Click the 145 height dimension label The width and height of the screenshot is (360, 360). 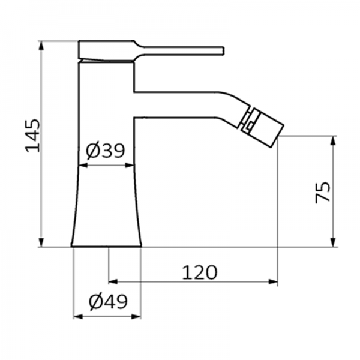32,135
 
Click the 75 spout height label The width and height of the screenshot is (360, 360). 322,191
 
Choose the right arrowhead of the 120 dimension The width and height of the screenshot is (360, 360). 274,281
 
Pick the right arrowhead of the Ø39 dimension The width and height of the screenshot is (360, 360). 129,165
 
